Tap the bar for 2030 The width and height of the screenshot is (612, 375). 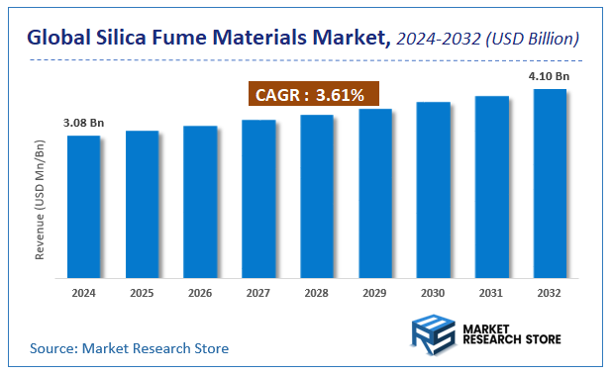pos(433,189)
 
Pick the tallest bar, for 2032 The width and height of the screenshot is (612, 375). pos(550,183)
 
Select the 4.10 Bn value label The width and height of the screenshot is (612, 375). pos(550,76)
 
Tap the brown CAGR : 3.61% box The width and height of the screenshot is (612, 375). pos(312,96)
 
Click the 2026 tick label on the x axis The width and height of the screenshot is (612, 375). pos(200,293)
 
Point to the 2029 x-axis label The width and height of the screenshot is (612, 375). pos(374,293)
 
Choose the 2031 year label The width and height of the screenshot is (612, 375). pos(491,293)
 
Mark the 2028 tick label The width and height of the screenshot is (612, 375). pos(316,293)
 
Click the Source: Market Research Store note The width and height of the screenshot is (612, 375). pos(129,348)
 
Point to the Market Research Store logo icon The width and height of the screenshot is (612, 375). pos(433,332)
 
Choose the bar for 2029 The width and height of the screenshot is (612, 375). pos(374,193)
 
